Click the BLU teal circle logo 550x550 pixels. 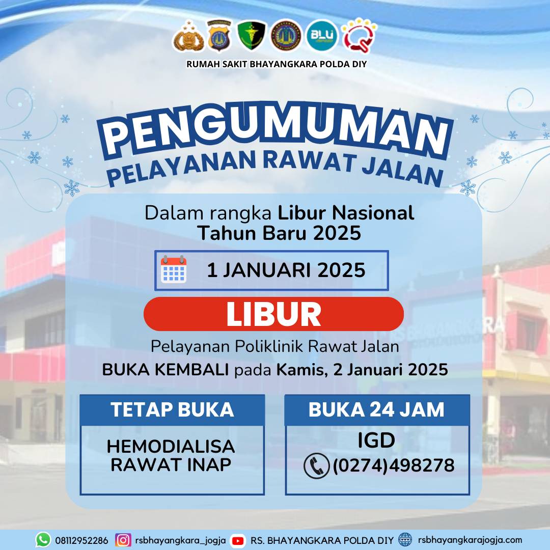tap(322, 36)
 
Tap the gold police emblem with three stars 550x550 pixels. tap(188, 36)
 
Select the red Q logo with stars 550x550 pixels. tap(359, 36)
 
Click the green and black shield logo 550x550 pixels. tap(252, 35)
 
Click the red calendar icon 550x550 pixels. tap(174, 269)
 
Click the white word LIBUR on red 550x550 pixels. tap(273, 314)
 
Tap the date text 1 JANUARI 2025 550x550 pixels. tap(286, 270)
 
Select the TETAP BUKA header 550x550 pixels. tap(172, 409)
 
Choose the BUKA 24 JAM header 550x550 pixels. tap(377, 409)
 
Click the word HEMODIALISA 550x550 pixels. tap(171, 447)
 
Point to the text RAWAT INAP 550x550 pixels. tap(171, 465)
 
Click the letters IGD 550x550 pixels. tap(376, 440)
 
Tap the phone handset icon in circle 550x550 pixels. tap(316, 466)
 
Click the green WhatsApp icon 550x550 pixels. tap(43, 540)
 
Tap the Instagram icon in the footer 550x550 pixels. tap(123, 540)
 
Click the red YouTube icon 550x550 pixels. tap(238, 541)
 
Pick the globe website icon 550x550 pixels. tap(405, 540)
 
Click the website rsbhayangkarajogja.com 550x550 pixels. tap(470, 540)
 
